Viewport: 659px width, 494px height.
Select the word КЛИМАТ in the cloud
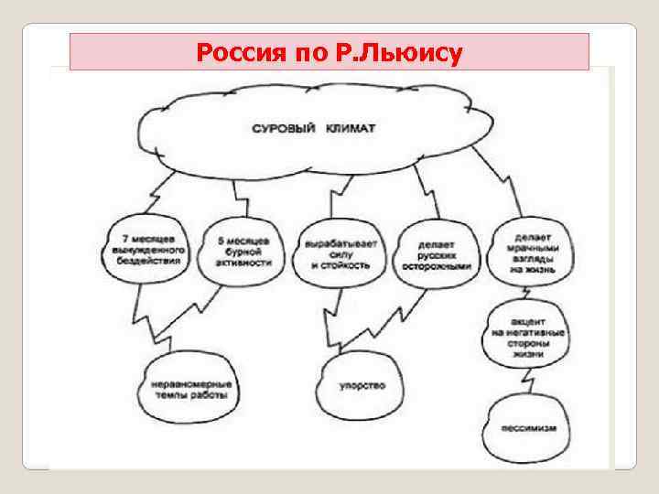coord(349,129)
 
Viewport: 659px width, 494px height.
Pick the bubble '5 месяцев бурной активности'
coord(244,249)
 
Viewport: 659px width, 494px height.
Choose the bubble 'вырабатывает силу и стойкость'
coord(340,252)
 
